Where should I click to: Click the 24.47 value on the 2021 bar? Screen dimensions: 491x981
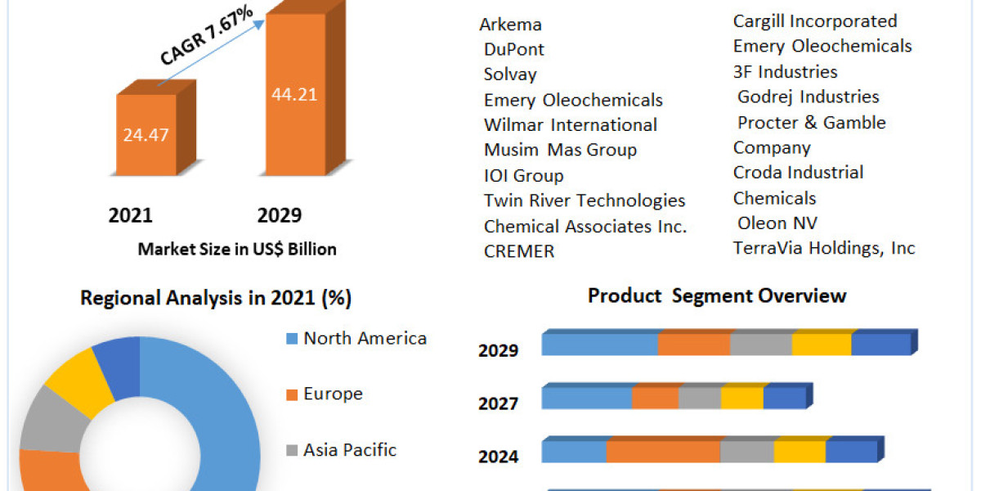click(146, 135)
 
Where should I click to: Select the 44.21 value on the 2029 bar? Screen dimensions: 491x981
click(294, 94)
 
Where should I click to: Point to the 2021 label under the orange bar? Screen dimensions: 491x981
click(131, 215)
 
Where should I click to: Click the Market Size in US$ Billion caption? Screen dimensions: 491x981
click(237, 249)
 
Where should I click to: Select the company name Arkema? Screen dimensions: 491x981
click(511, 25)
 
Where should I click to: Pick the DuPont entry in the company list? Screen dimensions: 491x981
click(514, 49)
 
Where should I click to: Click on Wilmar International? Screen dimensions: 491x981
click(571, 125)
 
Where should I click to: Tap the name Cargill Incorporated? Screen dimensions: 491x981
click(815, 21)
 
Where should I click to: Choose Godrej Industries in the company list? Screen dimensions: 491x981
click(809, 97)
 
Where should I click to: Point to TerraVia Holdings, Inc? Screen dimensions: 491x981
click(824, 248)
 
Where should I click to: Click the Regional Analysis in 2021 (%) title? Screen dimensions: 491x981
click(216, 299)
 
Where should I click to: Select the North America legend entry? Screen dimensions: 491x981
click(365, 338)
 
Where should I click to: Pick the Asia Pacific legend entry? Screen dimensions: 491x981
click(350, 449)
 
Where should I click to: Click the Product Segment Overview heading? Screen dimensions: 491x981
click(717, 295)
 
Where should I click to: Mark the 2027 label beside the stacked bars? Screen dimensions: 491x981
click(499, 403)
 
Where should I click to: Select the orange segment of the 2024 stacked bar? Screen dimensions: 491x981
click(662, 451)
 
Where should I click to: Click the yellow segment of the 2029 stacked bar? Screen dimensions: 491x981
click(821, 345)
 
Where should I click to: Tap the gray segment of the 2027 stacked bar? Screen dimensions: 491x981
click(700, 399)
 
